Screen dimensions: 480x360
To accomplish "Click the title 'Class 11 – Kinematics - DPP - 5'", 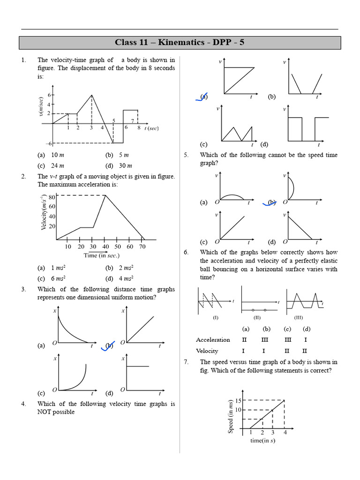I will click(x=180, y=43).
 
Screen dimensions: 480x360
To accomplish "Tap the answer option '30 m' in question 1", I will click(x=125, y=165).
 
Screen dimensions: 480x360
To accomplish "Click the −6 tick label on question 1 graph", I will click(x=48, y=143).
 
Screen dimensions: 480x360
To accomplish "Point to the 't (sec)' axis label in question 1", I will click(x=151, y=127).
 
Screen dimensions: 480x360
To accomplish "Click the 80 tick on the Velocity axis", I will click(x=52, y=197).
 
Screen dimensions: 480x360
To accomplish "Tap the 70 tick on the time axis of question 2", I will click(x=142, y=247).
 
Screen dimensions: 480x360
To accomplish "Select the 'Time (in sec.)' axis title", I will click(x=102, y=255).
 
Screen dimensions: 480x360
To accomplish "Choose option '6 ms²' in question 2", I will click(x=58, y=278).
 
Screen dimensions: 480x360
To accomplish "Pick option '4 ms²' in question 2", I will click(x=126, y=278).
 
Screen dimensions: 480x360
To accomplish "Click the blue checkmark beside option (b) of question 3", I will click(x=107, y=346).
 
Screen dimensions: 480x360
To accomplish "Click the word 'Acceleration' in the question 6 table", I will click(x=213, y=340).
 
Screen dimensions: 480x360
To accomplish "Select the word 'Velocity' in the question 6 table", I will click(x=208, y=351).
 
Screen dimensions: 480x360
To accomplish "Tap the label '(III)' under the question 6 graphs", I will click(x=299, y=317).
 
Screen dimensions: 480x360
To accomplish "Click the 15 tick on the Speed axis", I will click(x=238, y=400).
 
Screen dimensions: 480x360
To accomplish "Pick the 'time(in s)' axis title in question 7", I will click(x=262, y=440).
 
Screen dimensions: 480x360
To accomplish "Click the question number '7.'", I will click(x=186, y=362).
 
